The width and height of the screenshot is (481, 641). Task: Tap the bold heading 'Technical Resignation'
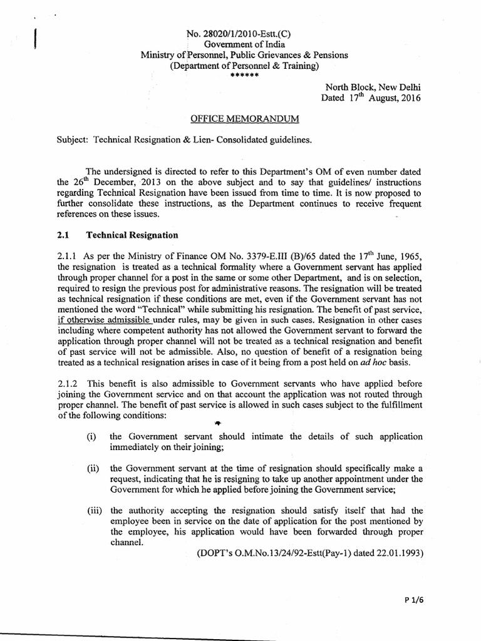tap(132, 235)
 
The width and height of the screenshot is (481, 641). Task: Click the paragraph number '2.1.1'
tap(69, 256)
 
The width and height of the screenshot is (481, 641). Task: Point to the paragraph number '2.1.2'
tap(69, 383)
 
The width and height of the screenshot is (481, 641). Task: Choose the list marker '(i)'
tap(92, 436)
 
